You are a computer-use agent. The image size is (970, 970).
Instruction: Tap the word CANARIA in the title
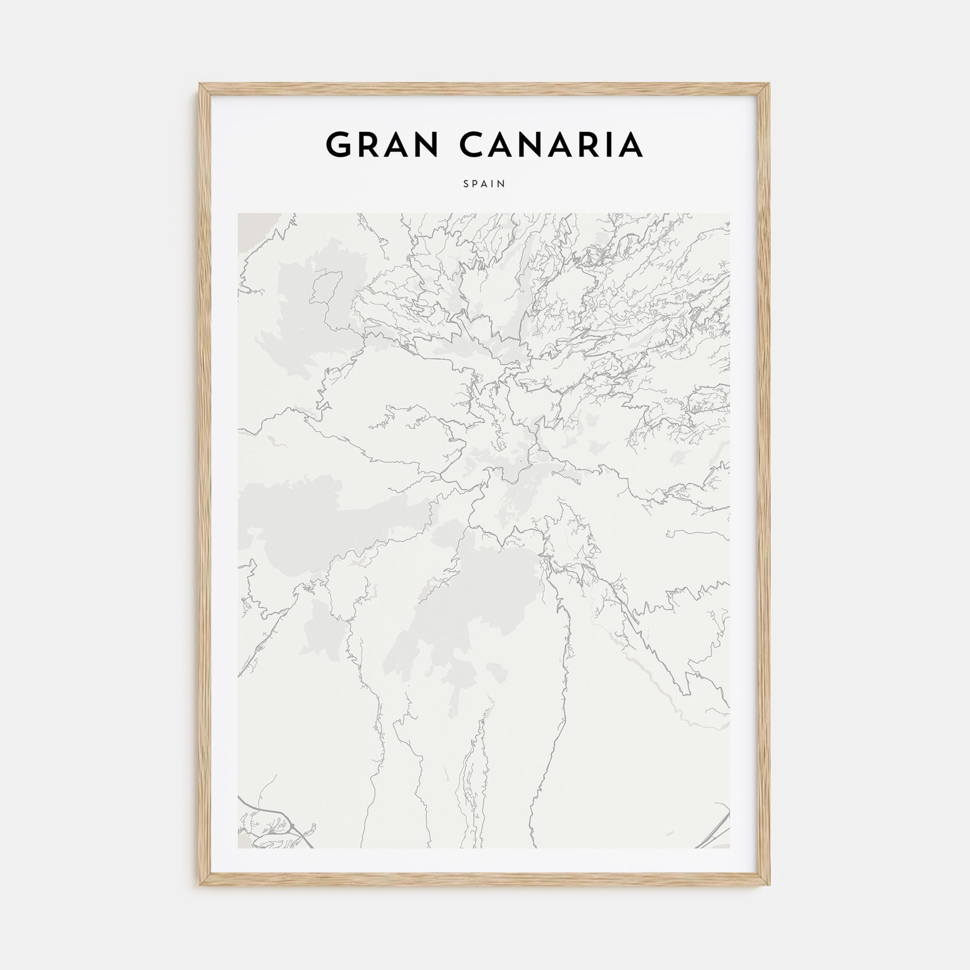tap(551, 145)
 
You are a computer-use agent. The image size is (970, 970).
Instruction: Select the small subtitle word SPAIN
tap(485, 184)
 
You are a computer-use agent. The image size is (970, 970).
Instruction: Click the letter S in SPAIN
tap(466, 184)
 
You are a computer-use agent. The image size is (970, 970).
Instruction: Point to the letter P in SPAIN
tap(475, 184)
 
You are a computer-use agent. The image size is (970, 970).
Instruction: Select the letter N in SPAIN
tap(502, 184)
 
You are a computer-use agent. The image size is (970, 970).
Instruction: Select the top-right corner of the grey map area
tap(729, 214)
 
